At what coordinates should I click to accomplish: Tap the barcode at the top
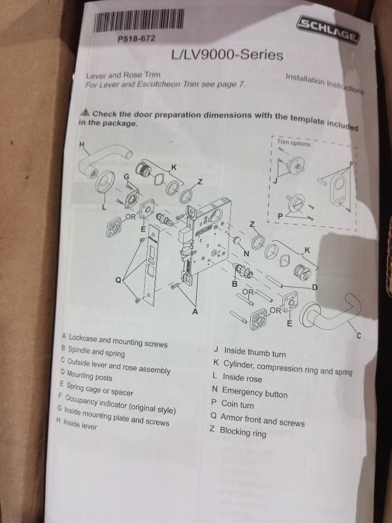click(138, 21)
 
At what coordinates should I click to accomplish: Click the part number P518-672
click(137, 39)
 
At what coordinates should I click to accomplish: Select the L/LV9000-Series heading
click(227, 55)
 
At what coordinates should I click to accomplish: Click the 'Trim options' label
click(294, 143)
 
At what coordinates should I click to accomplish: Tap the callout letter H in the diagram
click(82, 144)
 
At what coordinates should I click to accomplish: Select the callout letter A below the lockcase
click(195, 312)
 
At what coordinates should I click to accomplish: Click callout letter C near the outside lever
click(359, 336)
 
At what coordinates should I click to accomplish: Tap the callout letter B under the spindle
click(234, 284)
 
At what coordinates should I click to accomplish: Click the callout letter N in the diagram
click(246, 254)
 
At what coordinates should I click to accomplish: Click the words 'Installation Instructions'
click(325, 84)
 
